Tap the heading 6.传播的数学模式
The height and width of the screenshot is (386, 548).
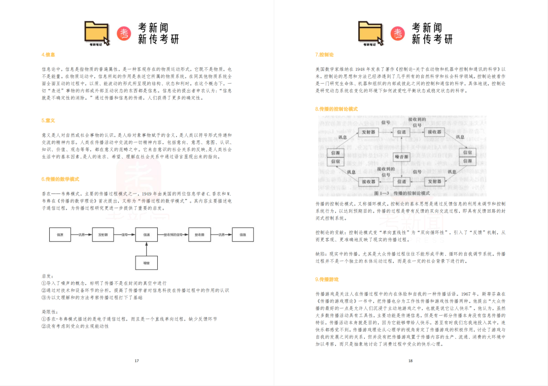60,179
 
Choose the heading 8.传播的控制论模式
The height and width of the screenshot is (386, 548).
336,109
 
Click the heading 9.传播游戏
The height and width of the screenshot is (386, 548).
327,279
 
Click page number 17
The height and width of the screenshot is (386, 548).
136,361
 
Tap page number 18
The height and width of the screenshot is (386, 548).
410,361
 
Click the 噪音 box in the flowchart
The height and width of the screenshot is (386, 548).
146,262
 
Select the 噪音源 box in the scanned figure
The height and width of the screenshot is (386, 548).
402,157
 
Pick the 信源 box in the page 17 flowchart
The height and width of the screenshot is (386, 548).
60,235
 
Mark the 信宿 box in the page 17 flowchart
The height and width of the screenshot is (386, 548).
243,235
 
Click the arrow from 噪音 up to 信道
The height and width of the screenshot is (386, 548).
146,248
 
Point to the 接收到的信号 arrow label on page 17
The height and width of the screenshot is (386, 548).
173,235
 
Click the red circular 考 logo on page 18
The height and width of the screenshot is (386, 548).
398,33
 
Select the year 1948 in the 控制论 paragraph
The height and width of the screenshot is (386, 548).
361,68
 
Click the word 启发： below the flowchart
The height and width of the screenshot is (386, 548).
47,276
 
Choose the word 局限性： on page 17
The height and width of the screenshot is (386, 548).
49,312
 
